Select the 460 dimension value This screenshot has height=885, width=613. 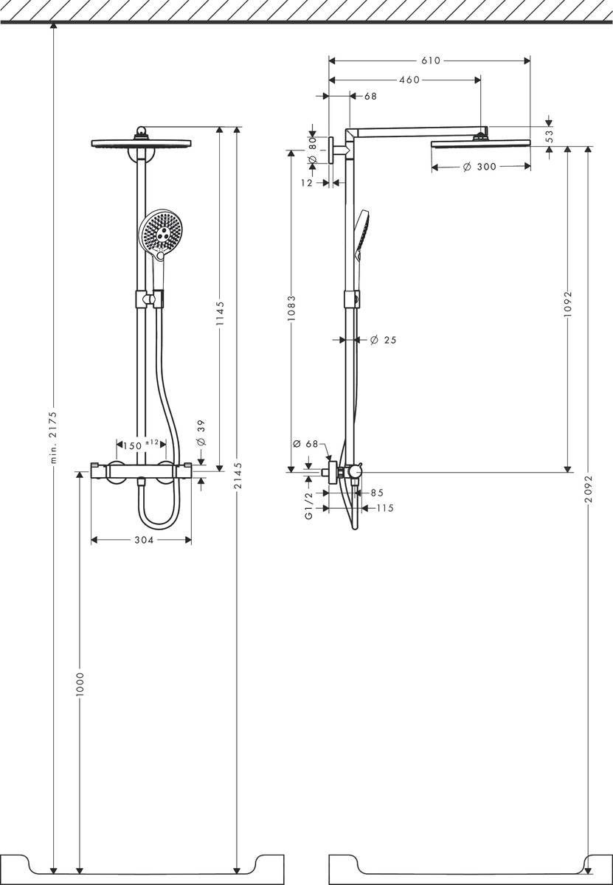(409, 80)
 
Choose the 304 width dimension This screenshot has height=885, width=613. (143, 541)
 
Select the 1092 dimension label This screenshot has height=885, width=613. (567, 303)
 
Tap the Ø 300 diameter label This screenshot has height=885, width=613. (479, 167)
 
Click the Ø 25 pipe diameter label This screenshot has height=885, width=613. (383, 339)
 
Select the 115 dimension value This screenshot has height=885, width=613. (384, 507)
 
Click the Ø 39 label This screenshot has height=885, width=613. (201, 431)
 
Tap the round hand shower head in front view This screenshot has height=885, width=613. (162, 231)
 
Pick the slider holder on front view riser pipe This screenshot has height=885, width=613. (148, 299)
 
